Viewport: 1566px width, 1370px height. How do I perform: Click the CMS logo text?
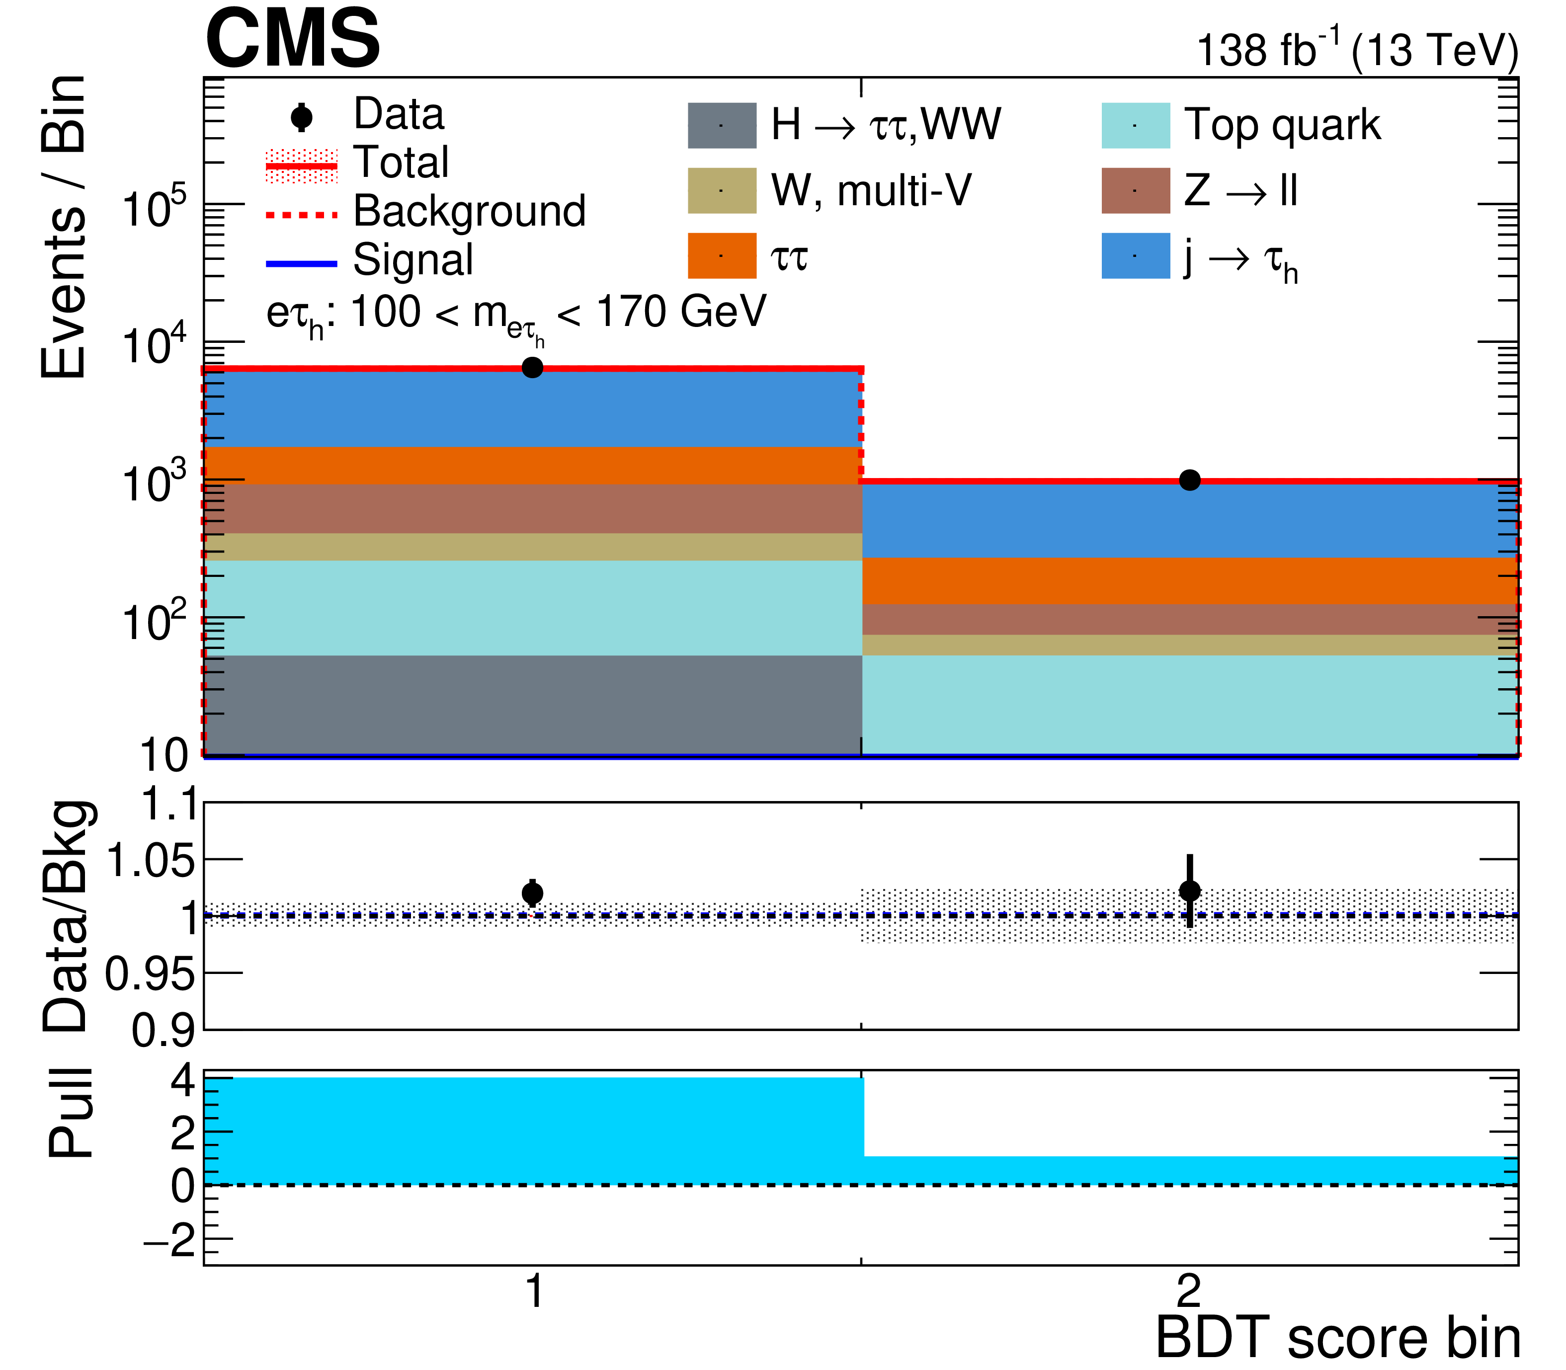coord(292,38)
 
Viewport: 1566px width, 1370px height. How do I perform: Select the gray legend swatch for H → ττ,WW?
coord(721,125)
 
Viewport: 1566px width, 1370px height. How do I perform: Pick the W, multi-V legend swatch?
coord(721,190)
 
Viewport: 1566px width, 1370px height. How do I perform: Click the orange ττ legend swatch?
coord(721,255)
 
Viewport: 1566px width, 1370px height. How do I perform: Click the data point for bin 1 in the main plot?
coord(532,368)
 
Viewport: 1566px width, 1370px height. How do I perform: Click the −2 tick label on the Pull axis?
coord(170,1241)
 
